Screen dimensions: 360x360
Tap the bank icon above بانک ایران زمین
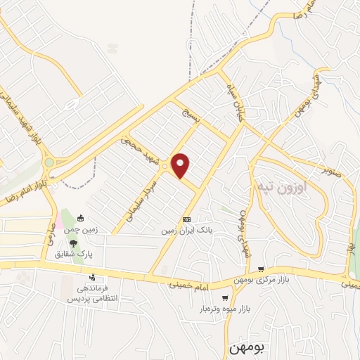click(186, 219)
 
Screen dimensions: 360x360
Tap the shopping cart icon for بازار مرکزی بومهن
click(261, 269)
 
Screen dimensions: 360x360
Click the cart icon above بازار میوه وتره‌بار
click(234, 295)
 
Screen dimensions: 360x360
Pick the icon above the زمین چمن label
click(80, 217)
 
